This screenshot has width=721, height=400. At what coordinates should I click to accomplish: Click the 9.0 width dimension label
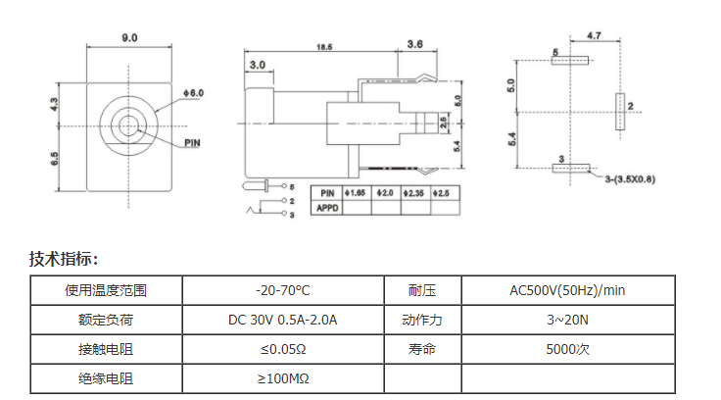(x=129, y=37)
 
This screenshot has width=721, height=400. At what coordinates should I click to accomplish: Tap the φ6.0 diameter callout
(x=193, y=93)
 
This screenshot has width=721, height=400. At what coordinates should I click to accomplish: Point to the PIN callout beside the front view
(x=192, y=143)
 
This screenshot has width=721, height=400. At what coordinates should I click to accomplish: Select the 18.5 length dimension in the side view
(x=324, y=47)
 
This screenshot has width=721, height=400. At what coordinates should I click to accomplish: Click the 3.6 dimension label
(x=414, y=44)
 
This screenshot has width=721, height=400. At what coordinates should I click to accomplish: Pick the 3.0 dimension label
(x=258, y=65)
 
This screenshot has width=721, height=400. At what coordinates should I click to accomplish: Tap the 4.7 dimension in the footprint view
(x=594, y=35)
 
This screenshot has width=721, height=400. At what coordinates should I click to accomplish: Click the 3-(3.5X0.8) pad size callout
(x=630, y=179)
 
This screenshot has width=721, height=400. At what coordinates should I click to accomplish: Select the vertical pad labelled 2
(x=620, y=112)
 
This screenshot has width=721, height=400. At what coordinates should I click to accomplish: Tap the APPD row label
(x=327, y=208)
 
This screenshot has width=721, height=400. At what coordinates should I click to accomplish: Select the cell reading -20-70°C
(x=283, y=290)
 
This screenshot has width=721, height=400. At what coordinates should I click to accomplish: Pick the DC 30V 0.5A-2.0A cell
(x=283, y=320)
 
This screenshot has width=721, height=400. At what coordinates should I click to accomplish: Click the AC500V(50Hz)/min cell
(x=567, y=290)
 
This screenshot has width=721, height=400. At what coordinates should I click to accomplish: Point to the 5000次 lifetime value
(x=567, y=349)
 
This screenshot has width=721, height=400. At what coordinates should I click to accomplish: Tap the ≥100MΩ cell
(x=283, y=378)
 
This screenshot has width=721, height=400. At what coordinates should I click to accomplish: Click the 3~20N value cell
(x=567, y=320)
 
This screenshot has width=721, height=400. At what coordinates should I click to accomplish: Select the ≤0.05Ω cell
(x=283, y=349)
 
